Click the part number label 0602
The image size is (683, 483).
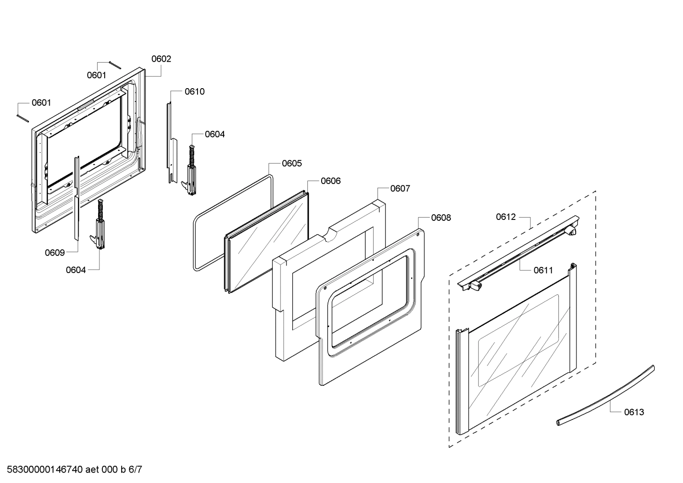coord(161,59)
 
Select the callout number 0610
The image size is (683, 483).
coord(195,91)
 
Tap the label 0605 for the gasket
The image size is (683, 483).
coord(292,164)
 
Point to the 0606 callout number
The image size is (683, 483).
coord(331,181)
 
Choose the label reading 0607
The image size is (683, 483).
coord(400,189)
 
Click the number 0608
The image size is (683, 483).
coord(441,218)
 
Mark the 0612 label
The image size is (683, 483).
coord(506,217)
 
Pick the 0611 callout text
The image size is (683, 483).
coord(543,271)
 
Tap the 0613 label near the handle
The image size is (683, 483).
coord(634,412)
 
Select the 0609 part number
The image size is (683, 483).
coord(55,253)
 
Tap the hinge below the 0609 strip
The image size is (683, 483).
coord(100,228)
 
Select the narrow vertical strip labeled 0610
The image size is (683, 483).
coord(169,142)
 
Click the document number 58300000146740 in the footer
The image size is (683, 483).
coord(42,470)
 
